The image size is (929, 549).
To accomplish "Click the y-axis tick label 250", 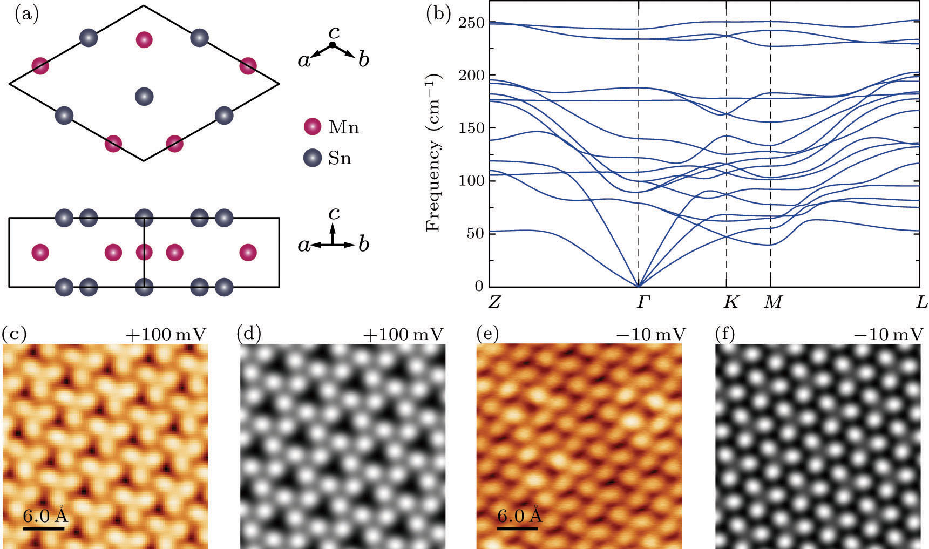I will click(x=471, y=23).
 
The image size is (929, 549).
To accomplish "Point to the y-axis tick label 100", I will click(x=471, y=180).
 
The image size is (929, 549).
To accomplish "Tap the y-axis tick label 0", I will click(x=479, y=286).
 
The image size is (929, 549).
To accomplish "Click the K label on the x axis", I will click(x=730, y=303).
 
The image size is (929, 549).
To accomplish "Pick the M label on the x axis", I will click(x=773, y=303).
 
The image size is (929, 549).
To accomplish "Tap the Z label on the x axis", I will click(x=494, y=303).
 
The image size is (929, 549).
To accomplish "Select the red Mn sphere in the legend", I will click(x=313, y=127).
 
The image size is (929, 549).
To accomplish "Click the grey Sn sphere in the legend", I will click(x=313, y=158).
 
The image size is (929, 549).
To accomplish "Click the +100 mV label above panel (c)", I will click(x=166, y=335).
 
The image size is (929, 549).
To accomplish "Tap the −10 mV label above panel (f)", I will click(x=888, y=335).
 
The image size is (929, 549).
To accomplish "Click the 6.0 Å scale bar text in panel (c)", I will click(x=45, y=516).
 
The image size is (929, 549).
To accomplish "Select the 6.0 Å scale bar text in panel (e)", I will click(x=519, y=516).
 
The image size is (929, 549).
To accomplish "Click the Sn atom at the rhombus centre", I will click(x=144, y=97).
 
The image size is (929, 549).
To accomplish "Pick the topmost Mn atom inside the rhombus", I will click(x=144, y=39).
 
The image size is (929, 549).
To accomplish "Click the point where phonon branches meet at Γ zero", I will click(x=639, y=286).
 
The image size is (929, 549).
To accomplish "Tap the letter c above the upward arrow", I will click(x=334, y=214).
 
